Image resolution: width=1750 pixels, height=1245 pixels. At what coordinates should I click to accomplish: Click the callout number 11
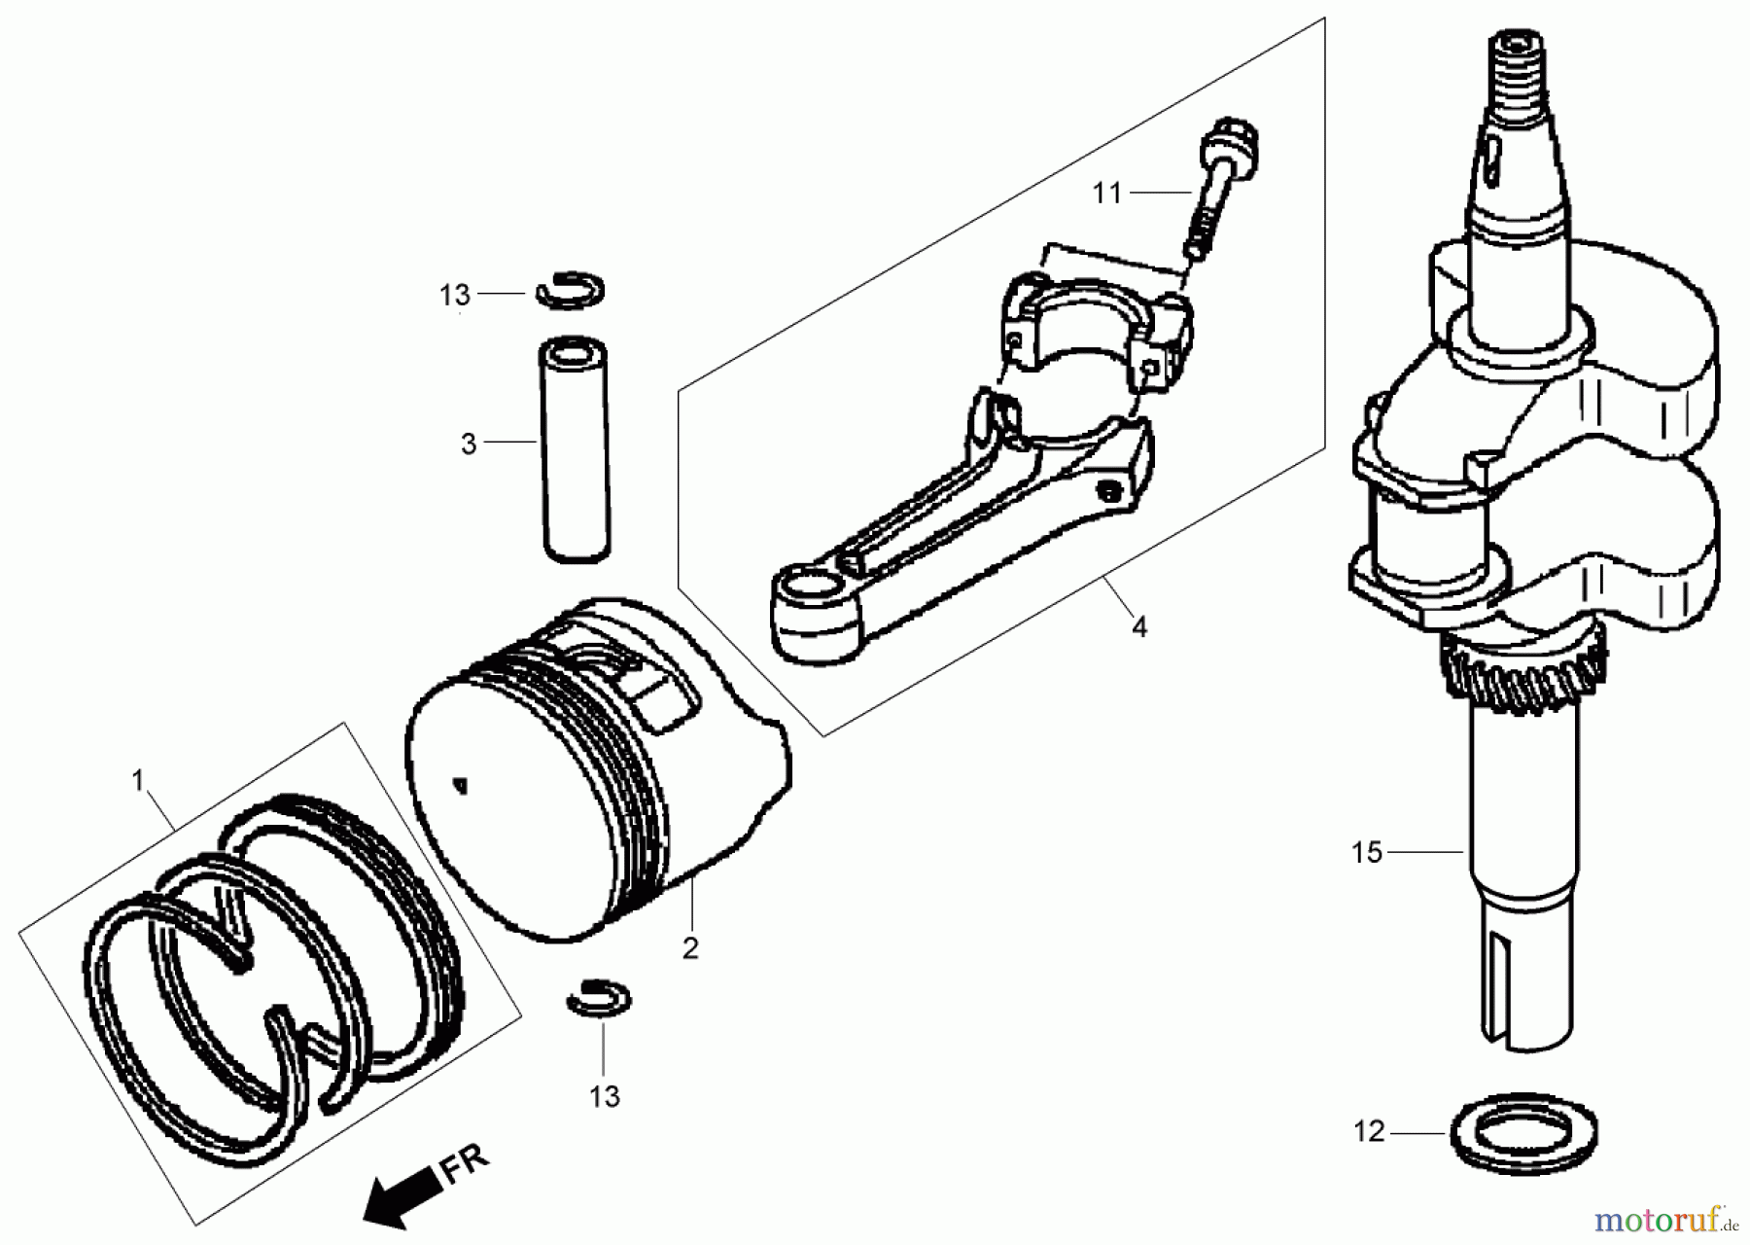[x=1107, y=194]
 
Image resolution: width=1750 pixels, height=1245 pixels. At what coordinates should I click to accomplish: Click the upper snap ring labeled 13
[x=571, y=290]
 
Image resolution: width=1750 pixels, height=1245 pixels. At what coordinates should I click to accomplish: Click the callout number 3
[x=470, y=445]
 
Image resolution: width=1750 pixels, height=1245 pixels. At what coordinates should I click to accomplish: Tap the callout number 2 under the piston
[x=690, y=948]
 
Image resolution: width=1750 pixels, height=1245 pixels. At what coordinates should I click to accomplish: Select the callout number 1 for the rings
[x=138, y=780]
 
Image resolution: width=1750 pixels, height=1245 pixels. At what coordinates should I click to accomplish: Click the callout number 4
[x=1139, y=627]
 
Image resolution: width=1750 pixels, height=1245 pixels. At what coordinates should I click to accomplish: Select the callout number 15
[x=1366, y=853]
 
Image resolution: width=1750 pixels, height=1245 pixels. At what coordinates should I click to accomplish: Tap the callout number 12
[x=1369, y=1132]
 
